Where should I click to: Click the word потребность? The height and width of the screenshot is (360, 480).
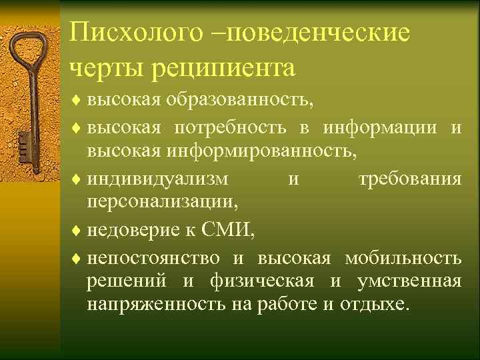point(231,127)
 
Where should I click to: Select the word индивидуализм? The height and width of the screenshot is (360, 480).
point(157,179)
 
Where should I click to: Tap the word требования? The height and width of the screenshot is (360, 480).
point(409,179)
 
